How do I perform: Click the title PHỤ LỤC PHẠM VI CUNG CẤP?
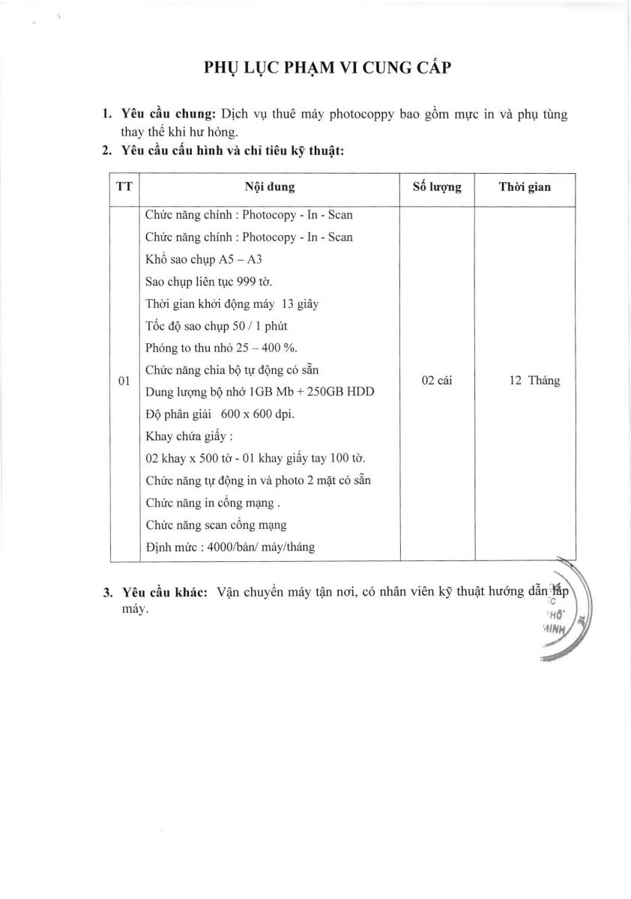coord(327,67)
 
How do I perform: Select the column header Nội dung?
coord(270,187)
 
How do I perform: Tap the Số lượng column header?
coord(437,187)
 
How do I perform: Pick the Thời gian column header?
coord(525,187)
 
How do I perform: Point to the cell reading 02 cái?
coord(437,381)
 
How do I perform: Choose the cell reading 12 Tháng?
coord(534,381)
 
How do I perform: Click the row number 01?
coord(124,381)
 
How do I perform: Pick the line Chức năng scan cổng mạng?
coord(216,524)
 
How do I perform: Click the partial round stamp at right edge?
coord(564,614)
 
